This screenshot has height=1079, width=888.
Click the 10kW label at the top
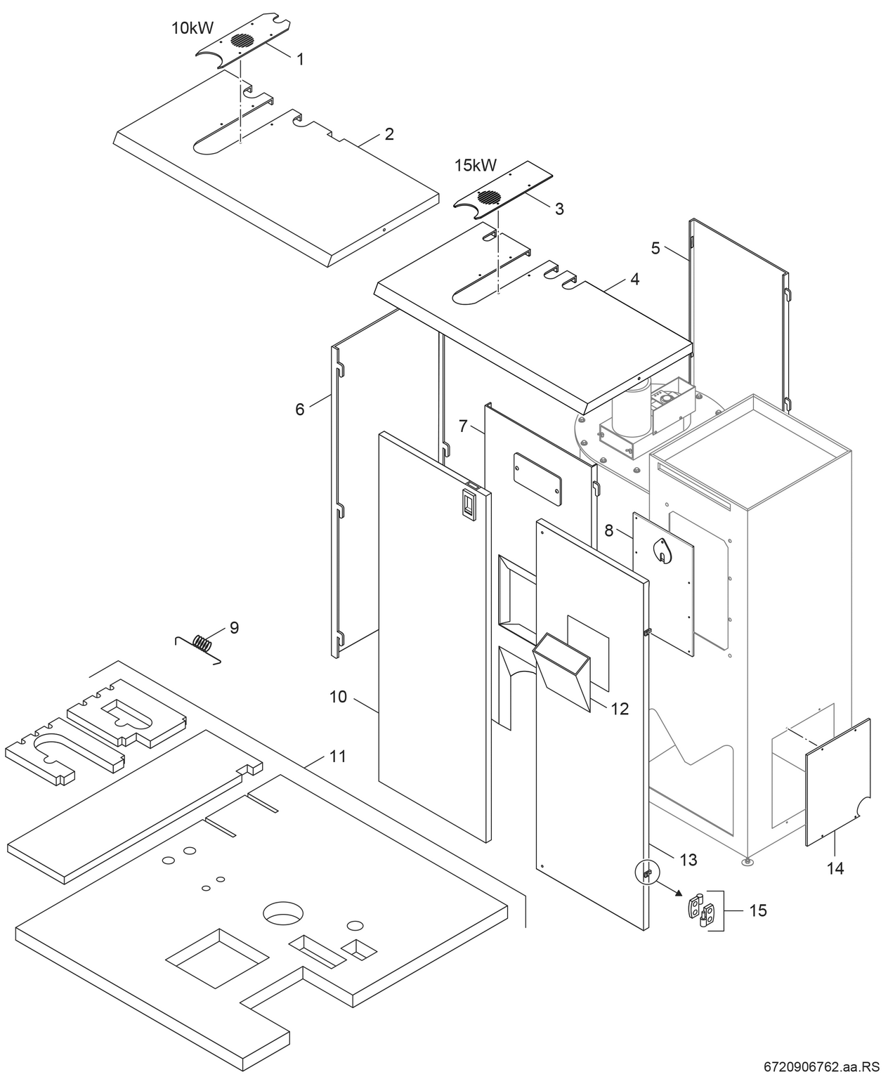[x=192, y=28]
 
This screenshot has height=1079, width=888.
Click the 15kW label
[x=476, y=166]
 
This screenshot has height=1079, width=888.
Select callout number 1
[x=300, y=60]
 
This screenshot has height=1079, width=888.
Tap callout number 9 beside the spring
[x=234, y=627]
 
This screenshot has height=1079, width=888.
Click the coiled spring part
[x=202, y=643]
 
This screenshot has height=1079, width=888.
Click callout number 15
[x=758, y=910]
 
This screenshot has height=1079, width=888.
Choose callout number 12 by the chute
[x=619, y=709]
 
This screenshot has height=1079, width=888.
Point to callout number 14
[x=835, y=868]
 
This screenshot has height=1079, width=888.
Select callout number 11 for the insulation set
[x=337, y=757]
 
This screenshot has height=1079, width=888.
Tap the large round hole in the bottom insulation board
[x=283, y=914]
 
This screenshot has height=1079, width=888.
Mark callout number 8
[x=608, y=530]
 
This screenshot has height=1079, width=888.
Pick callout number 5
[x=655, y=248]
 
